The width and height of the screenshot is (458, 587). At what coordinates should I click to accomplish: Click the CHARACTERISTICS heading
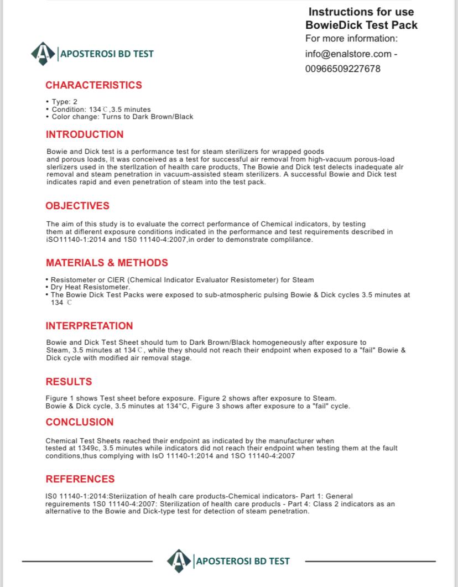click(x=93, y=85)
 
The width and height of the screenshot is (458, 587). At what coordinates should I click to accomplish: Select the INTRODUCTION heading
click(x=85, y=134)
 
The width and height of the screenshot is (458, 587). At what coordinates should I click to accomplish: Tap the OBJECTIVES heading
click(x=77, y=206)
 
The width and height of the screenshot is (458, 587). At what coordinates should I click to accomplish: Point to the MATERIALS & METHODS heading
click(x=107, y=263)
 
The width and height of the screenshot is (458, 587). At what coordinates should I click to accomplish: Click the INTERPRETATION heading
click(x=89, y=326)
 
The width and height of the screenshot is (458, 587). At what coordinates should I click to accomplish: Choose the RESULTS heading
click(x=69, y=382)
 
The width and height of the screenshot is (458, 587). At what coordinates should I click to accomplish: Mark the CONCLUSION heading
click(x=80, y=422)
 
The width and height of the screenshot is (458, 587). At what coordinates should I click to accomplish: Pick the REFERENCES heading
click(x=80, y=479)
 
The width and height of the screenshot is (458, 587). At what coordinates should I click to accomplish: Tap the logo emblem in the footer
click(x=179, y=561)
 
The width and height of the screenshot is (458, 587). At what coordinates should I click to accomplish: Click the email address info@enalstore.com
click(x=348, y=54)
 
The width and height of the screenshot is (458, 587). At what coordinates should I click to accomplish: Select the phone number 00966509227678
click(x=342, y=69)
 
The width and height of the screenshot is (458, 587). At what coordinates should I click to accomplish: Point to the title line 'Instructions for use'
click(x=361, y=12)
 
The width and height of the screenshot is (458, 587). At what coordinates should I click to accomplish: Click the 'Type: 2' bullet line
click(x=63, y=102)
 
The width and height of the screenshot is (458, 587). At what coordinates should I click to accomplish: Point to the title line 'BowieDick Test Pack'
click(x=361, y=25)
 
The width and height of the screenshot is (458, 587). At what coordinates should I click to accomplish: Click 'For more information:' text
click(x=351, y=39)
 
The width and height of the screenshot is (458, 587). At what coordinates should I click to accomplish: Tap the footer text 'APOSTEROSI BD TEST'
click(x=242, y=561)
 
